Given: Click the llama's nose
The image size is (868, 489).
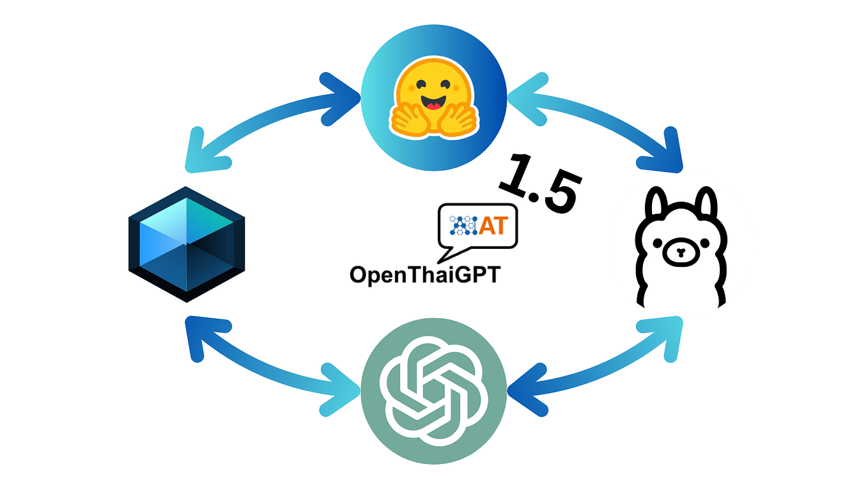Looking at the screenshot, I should (x=679, y=252).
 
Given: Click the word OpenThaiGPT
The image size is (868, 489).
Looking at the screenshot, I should (x=424, y=275).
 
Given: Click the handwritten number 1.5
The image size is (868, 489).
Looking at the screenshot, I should (x=540, y=182).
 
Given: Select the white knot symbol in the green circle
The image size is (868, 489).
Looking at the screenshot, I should (x=434, y=389).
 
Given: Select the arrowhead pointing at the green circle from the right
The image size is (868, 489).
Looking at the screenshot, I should (x=527, y=387).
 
